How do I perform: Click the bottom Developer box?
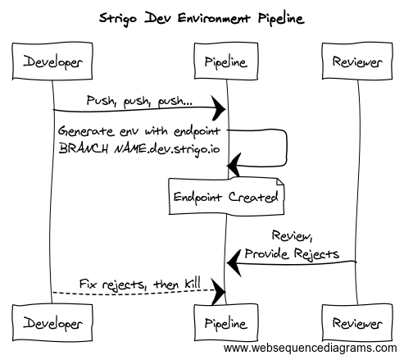(x=53, y=322)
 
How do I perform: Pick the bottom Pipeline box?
(x=225, y=322)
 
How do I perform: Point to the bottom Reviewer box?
(x=356, y=322)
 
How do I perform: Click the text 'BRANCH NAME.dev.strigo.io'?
(x=140, y=148)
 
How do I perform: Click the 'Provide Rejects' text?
(x=293, y=253)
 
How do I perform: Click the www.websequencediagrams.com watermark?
(x=312, y=349)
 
